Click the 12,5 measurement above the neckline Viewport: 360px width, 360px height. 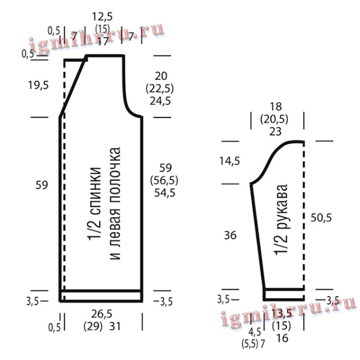102,17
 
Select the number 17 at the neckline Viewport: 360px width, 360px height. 102,41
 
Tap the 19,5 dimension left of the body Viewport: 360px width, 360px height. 38,85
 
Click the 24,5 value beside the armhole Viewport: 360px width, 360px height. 160,101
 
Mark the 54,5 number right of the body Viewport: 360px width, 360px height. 165,193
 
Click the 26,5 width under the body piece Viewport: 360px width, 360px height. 102,314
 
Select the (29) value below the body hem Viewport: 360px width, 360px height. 93,326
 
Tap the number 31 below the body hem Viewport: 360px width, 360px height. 115,326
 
